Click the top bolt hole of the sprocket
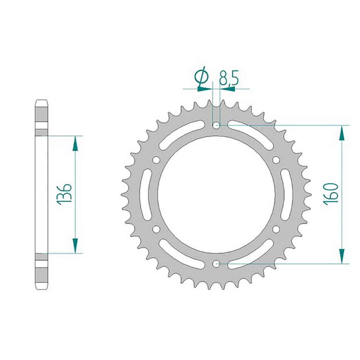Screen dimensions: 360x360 216,126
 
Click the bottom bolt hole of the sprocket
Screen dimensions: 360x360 216,264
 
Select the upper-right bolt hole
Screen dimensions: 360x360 276,160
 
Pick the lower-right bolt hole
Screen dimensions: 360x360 276,229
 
